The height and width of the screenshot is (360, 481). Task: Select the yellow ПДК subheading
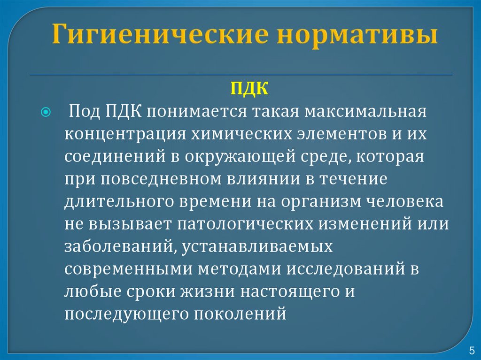(242, 89)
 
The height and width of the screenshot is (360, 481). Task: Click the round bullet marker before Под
(46, 113)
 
